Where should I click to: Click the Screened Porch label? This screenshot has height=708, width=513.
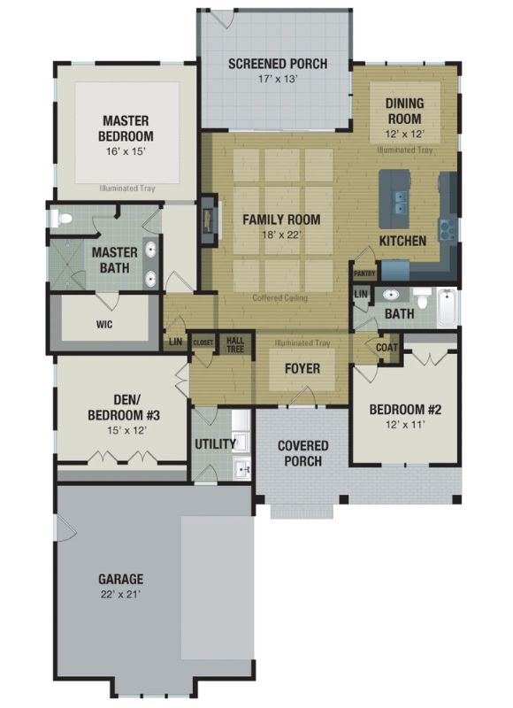[x=278, y=64]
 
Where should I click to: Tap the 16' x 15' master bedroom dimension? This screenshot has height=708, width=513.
[x=126, y=151]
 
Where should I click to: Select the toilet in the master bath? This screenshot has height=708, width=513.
[x=61, y=219]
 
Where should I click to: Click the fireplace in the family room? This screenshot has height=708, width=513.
[x=209, y=220]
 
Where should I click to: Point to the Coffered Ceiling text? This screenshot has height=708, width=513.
[x=280, y=297]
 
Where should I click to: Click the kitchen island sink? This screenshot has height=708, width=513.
[x=400, y=203]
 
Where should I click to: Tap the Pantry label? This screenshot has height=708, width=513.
[x=364, y=273]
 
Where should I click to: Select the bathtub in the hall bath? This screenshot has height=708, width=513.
[x=447, y=307]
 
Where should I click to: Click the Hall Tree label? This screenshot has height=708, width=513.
[x=235, y=345]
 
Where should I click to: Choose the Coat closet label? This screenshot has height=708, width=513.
[x=387, y=348]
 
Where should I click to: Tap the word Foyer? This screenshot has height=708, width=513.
[x=302, y=368]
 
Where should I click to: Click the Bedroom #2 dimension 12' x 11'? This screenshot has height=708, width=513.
[x=406, y=425]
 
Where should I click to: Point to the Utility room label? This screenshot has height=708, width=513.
[x=215, y=444]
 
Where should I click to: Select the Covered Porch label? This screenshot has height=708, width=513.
[x=302, y=453]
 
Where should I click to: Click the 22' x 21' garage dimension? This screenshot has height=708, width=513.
[x=120, y=594]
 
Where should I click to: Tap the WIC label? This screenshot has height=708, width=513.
[x=104, y=324]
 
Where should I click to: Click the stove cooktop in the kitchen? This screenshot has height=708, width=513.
[x=448, y=229]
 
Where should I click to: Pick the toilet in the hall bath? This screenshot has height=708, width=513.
[x=422, y=298]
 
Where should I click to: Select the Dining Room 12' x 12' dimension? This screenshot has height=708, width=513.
[x=405, y=135]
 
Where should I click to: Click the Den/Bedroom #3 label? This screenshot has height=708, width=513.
[x=124, y=407]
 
